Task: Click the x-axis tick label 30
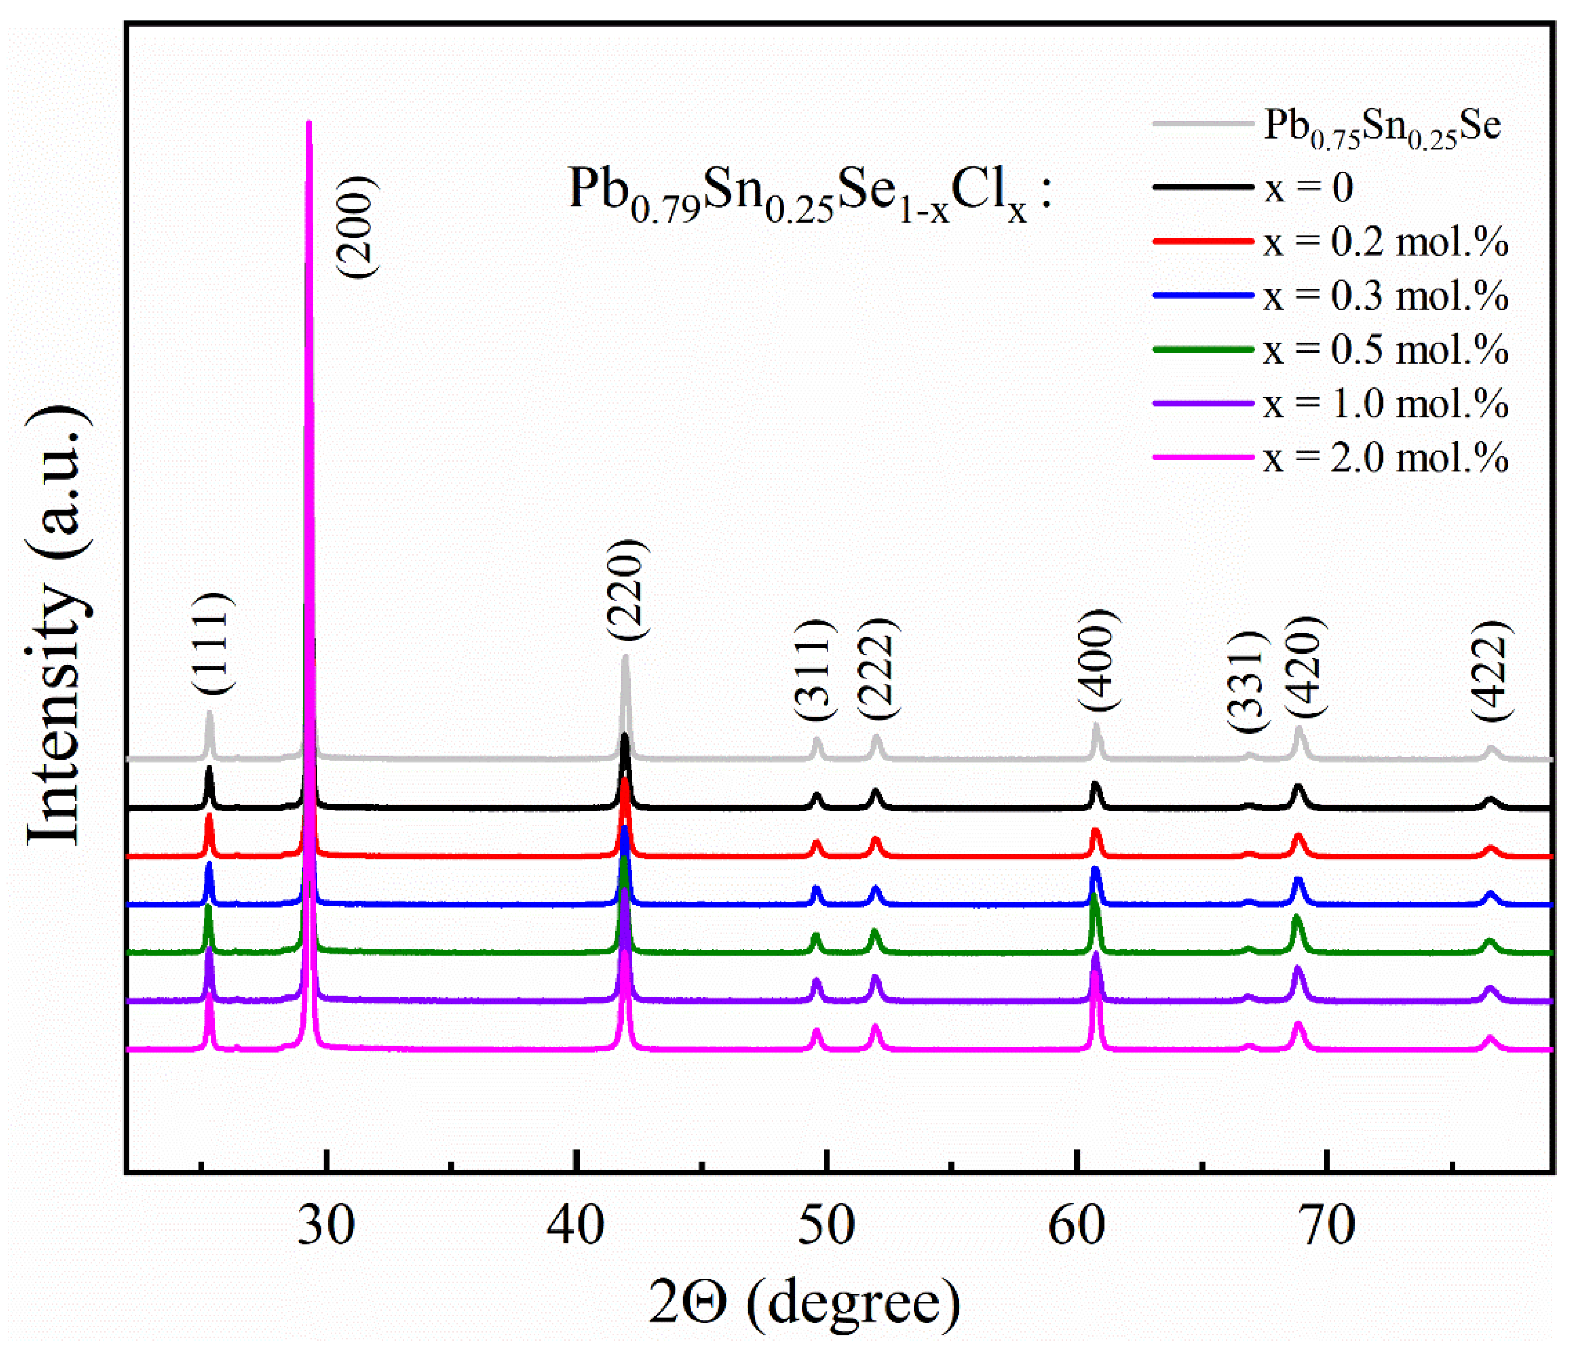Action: (x=326, y=1227)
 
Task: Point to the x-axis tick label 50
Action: (x=827, y=1227)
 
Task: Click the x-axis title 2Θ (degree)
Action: (x=804, y=1303)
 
